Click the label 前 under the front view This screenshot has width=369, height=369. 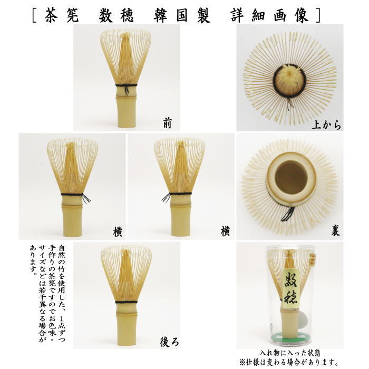point(167,124)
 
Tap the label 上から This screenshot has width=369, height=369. point(327,125)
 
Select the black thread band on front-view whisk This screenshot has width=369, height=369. point(127,85)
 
